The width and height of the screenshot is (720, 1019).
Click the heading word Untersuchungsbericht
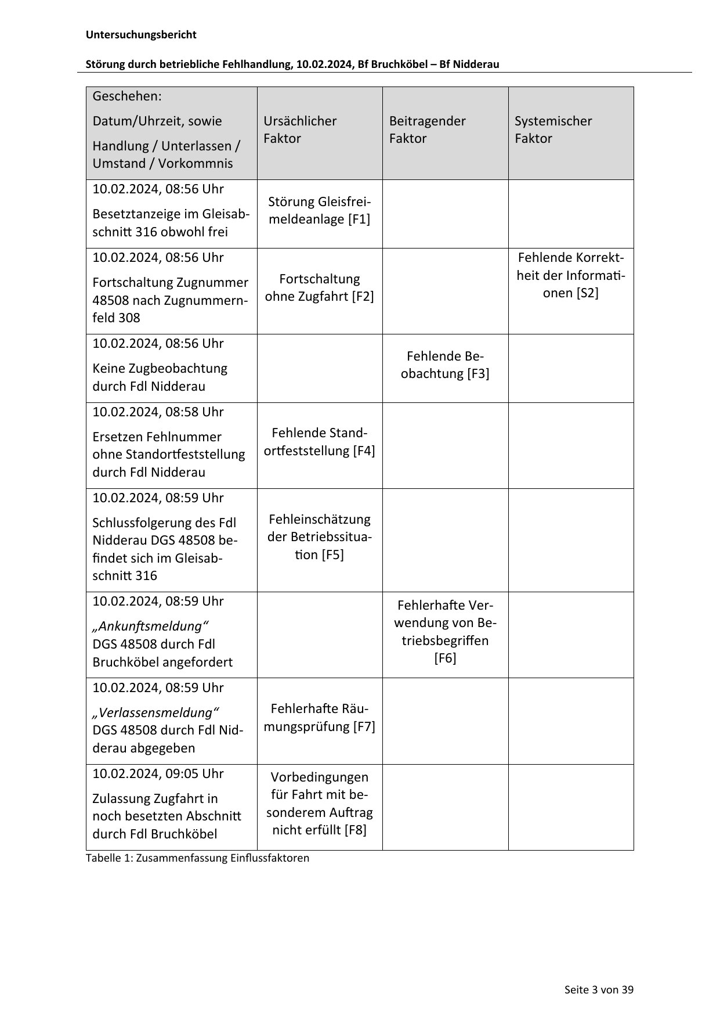[x=141, y=35]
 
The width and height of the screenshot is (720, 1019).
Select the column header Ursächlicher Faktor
[x=299, y=129]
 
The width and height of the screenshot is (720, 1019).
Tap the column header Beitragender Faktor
[x=427, y=129]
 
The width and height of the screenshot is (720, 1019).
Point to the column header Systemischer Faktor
[x=553, y=129]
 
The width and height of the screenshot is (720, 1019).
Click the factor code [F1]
[x=359, y=219]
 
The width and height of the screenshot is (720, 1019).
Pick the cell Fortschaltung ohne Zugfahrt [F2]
[x=319, y=287]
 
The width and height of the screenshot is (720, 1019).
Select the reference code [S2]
[x=587, y=293]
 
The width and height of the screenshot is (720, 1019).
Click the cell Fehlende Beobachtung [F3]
[x=445, y=365]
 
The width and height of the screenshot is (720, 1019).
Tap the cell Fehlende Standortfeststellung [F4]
[x=319, y=442]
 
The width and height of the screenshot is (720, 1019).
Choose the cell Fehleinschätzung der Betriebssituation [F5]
[x=319, y=536]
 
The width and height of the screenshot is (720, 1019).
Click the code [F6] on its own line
[x=445, y=658]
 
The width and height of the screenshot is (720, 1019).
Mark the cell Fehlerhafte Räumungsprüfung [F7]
[x=319, y=718]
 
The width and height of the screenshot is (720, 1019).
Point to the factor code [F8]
[x=355, y=830]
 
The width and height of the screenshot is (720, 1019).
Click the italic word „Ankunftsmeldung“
[x=150, y=626]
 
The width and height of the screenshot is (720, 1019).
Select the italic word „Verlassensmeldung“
[x=156, y=712]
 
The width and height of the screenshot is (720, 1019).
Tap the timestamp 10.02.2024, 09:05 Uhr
[x=158, y=773]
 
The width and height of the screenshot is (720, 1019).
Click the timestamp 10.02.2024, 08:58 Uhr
[x=158, y=412]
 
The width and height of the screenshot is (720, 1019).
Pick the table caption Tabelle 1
[x=108, y=858]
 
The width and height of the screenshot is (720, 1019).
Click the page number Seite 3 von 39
[x=599, y=989]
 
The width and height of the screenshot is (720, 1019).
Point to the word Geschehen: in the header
[x=127, y=96]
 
